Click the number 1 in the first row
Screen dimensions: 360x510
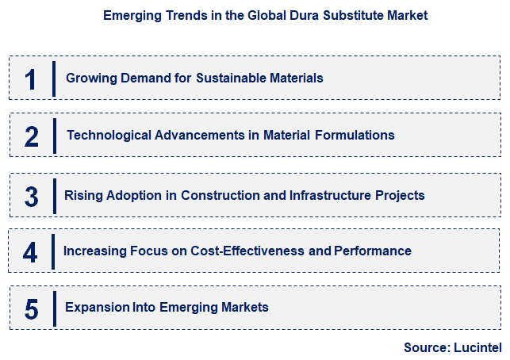click(x=31, y=79)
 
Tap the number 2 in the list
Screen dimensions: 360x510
click(x=32, y=136)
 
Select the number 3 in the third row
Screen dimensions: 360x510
click(x=32, y=196)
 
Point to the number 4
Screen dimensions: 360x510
click(x=30, y=252)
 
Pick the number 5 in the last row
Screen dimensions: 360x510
click(x=32, y=308)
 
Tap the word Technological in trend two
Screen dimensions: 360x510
click(x=105, y=135)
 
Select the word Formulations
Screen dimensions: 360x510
click(x=355, y=135)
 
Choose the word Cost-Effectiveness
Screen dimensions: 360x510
click(x=248, y=251)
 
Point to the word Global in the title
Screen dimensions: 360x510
click(x=262, y=15)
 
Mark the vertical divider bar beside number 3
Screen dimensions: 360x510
click(x=54, y=195)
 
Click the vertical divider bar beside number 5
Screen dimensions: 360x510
click(x=54, y=308)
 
